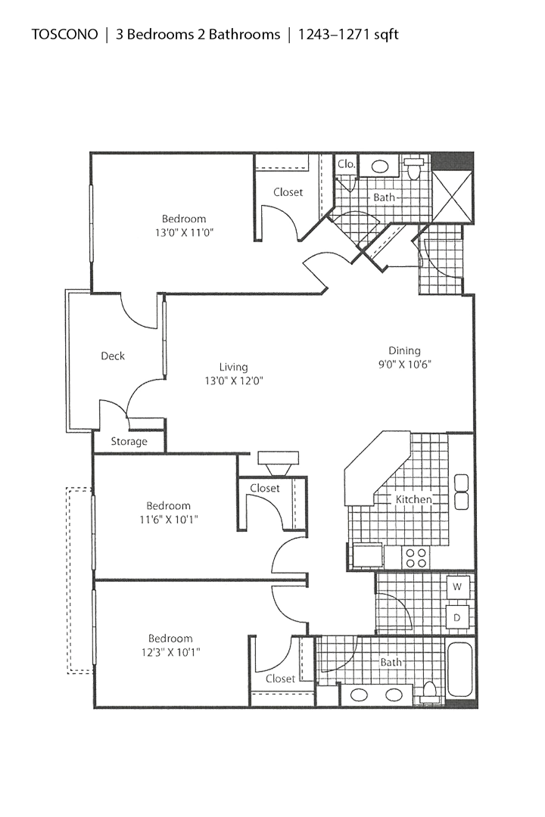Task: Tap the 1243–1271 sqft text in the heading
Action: click(349, 34)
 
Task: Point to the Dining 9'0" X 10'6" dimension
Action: click(404, 363)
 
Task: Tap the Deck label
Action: click(113, 356)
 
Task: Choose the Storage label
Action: click(129, 441)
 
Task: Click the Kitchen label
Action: click(413, 499)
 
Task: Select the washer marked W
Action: click(458, 586)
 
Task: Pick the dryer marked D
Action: click(458, 617)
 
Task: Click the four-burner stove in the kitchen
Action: click(415, 558)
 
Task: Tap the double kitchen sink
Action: click(461, 492)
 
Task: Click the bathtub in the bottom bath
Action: click(460, 669)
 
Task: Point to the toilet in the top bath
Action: click(414, 167)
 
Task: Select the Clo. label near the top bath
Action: click(347, 163)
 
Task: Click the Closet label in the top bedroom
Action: click(288, 192)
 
